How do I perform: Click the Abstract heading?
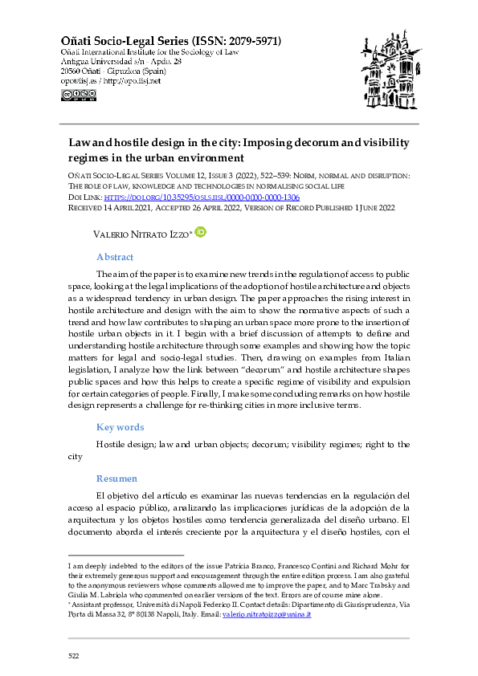click(x=114, y=257)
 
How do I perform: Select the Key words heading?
click(x=120, y=427)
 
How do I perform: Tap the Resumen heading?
click(x=116, y=478)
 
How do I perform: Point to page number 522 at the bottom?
click(x=73, y=656)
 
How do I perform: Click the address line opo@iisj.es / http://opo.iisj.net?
click(x=110, y=80)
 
